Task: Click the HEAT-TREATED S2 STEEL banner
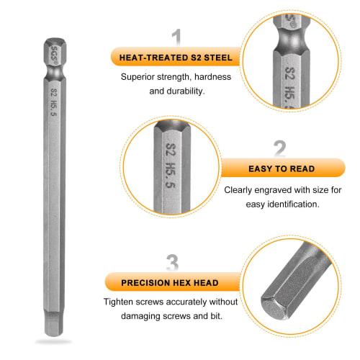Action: point(176,57)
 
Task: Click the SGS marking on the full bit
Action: point(53,51)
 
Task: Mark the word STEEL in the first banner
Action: point(217,57)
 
